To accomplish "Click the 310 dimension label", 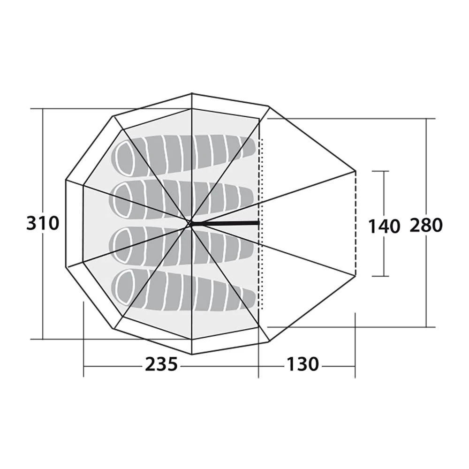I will (43, 223).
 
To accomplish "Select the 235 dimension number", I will (161, 364).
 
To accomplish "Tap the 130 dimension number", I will (303, 364).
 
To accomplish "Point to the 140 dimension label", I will (384, 226).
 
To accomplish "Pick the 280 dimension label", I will (426, 226).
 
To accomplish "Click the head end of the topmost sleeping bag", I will (125, 153).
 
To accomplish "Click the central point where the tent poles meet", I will (190, 224).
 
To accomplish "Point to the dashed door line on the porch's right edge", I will (356, 223).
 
